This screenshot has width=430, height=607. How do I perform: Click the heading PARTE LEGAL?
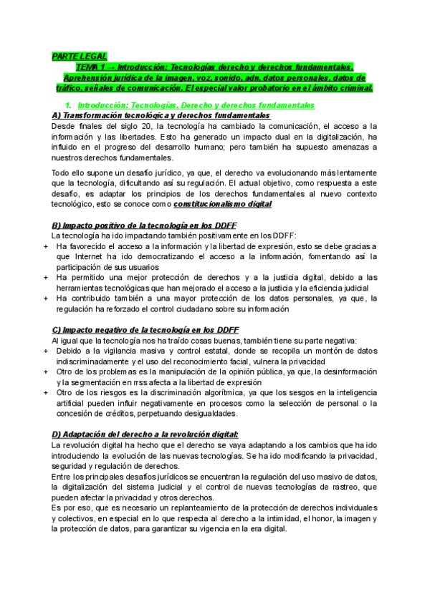[x=79, y=56]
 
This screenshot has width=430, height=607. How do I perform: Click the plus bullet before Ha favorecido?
[x=45, y=246]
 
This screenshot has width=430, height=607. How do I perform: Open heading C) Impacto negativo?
[x=145, y=330]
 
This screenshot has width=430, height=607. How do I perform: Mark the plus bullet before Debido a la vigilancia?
[x=45, y=351]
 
